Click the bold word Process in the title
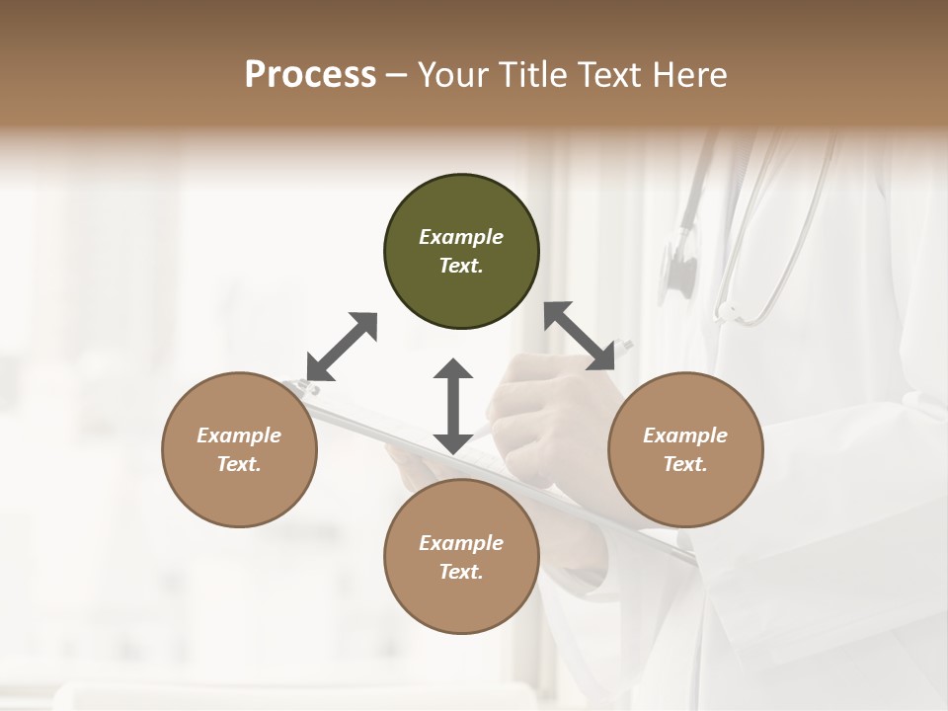310,75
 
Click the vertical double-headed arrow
453,406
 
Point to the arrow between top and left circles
342,347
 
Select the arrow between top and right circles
580,337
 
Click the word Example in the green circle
461,237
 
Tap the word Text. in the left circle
239,464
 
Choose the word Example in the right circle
685,435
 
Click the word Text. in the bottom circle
461,572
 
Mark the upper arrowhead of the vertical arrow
453,369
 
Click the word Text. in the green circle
461,266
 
